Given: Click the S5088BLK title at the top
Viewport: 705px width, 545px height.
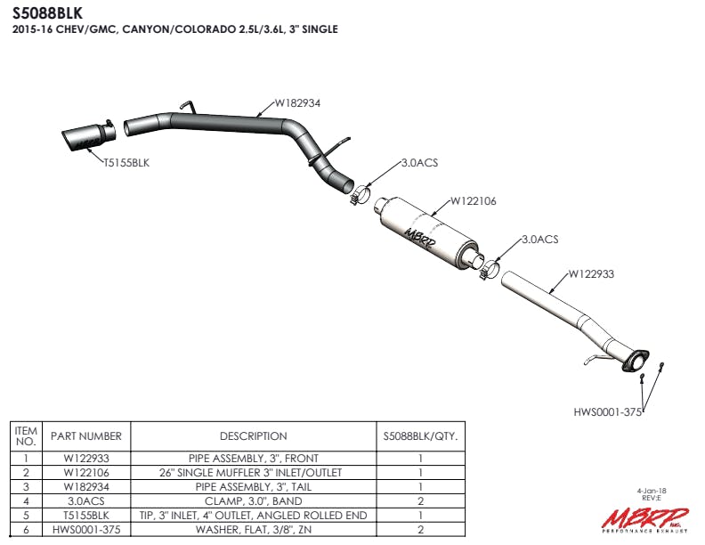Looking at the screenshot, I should click(x=48, y=12).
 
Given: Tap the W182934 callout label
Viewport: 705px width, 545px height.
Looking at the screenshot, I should click(x=297, y=102).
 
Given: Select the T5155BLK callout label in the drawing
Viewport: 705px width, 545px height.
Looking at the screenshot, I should click(x=126, y=162).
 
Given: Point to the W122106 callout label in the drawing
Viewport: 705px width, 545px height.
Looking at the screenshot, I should click(x=473, y=201).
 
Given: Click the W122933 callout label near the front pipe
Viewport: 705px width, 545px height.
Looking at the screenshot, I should click(x=591, y=273).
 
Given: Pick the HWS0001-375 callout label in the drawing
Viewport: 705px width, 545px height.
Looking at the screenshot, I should click(x=607, y=411).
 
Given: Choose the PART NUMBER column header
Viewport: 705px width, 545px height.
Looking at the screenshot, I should click(x=86, y=436).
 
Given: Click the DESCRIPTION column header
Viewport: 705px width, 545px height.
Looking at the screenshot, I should click(x=253, y=436).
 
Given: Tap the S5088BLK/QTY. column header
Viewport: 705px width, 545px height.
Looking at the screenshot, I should click(x=419, y=436).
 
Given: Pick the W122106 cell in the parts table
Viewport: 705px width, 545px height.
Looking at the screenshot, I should click(x=86, y=473).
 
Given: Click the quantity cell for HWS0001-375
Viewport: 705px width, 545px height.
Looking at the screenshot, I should click(x=419, y=530).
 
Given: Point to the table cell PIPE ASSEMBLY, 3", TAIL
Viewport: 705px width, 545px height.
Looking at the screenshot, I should click(x=253, y=487).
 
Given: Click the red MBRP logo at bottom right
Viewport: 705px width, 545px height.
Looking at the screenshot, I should click(x=642, y=517).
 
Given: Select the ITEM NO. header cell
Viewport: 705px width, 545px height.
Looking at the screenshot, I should click(x=26, y=436).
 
